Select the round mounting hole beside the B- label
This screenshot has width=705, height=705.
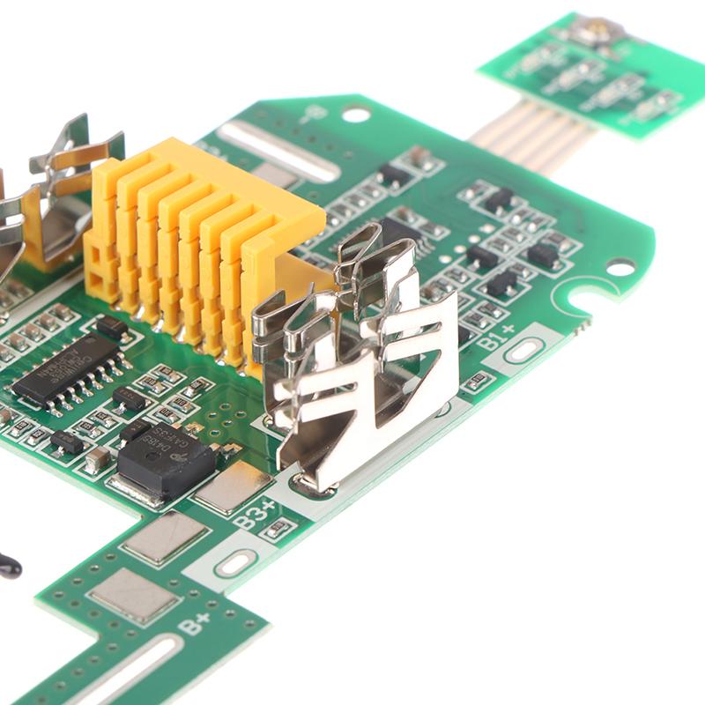point(356,115)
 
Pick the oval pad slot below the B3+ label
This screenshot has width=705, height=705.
point(234,564)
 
